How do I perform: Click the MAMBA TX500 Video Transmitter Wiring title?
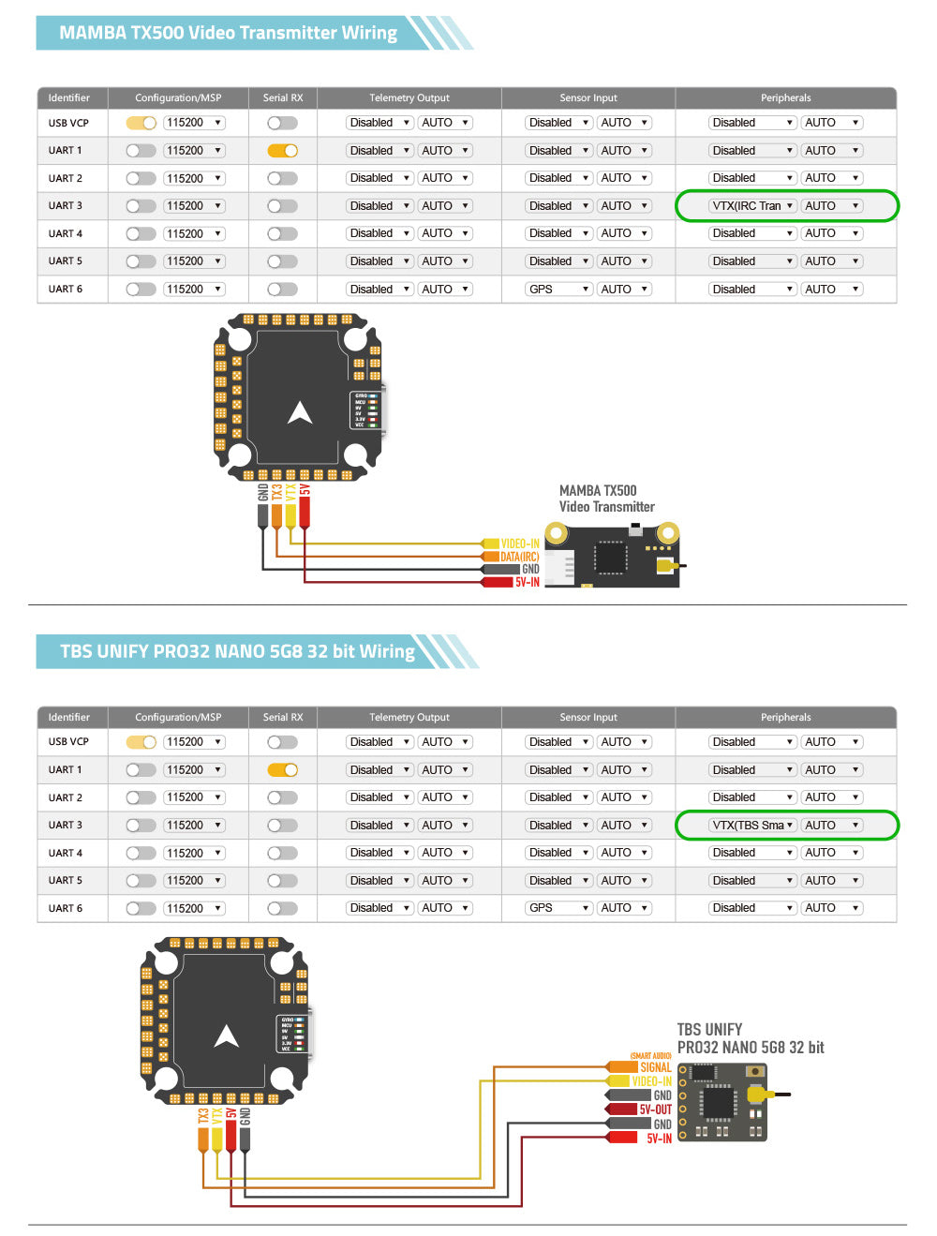tap(228, 33)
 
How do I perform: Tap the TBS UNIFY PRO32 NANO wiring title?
tap(237, 651)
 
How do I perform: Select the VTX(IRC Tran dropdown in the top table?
tap(752, 206)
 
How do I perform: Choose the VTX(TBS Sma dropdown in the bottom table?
tap(752, 826)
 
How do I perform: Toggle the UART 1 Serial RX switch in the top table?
tap(282, 151)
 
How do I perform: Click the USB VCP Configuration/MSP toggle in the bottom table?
tap(141, 742)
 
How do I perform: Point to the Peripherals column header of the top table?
tap(785, 97)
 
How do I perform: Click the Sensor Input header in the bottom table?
tap(587, 717)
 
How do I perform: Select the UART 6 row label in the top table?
tap(66, 290)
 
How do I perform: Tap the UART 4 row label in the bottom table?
tap(66, 853)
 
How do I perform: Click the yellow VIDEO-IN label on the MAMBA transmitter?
tap(519, 544)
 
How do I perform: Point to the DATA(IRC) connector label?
tap(519, 557)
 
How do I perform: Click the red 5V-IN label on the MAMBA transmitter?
tap(527, 582)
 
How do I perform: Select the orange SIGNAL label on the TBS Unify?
tap(655, 1067)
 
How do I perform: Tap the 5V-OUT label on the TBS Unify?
tap(655, 1109)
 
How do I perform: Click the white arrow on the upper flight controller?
tap(300, 412)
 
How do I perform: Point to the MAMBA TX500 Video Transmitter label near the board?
tap(606, 499)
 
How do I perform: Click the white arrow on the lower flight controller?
tap(227, 1035)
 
